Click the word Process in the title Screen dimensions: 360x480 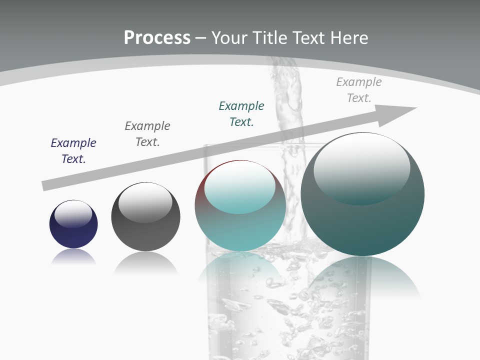pyautogui.click(x=157, y=38)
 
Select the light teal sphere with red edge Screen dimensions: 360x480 pyautogui.click(x=240, y=220)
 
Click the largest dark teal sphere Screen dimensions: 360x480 pyautogui.click(x=362, y=220)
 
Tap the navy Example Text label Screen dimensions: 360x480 pyautogui.click(x=73, y=151)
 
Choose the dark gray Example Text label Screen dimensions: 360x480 pyautogui.click(x=147, y=134)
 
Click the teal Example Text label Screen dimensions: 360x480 pyautogui.click(x=241, y=113)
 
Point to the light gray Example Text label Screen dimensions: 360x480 pyautogui.click(x=359, y=90)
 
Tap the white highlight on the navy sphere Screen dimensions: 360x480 pyautogui.click(x=73, y=214)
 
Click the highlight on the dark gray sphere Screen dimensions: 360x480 pyautogui.click(x=145, y=201)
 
